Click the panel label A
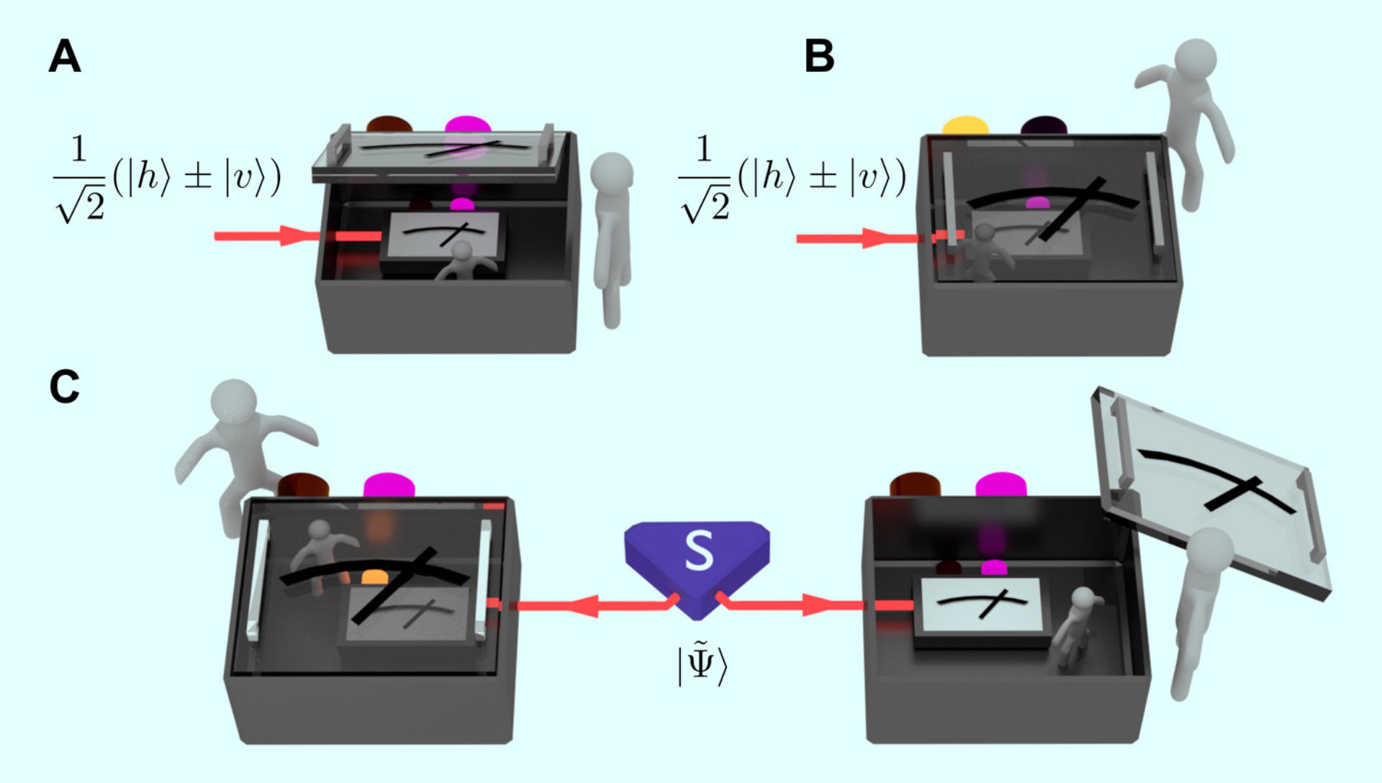65,57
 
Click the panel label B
819,57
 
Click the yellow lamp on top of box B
965,126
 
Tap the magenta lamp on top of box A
467,127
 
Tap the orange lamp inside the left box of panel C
374,577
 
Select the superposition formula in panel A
167,178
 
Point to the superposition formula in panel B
792,178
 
